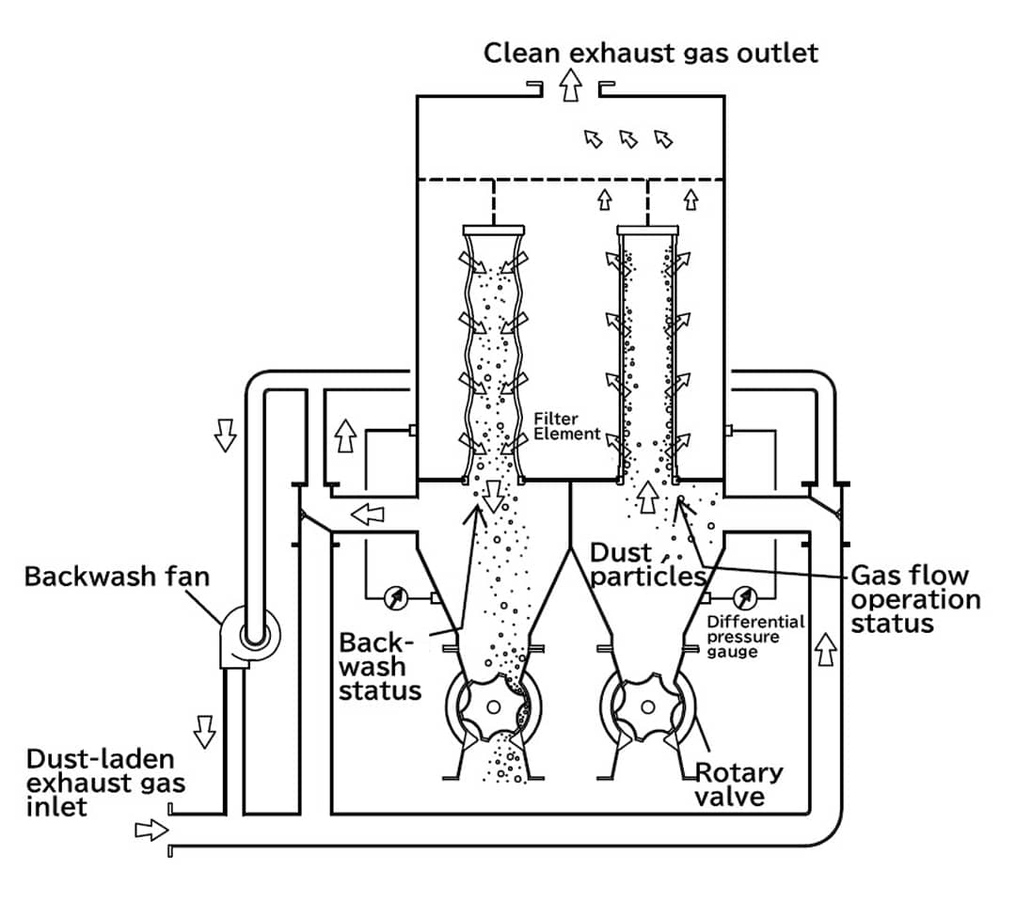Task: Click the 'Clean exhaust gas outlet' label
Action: pyautogui.click(x=651, y=52)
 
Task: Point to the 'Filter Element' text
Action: pyautogui.click(x=566, y=426)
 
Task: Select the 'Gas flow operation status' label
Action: pyautogui.click(x=914, y=599)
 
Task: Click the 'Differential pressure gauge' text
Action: pyautogui.click(x=755, y=636)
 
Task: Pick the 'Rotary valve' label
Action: pyautogui.click(x=738, y=784)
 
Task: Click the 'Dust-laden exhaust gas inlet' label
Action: pyautogui.click(x=105, y=783)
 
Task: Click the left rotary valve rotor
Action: pyautogui.click(x=491, y=707)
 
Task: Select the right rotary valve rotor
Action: pyautogui.click(x=647, y=707)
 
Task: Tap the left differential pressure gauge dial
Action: pyautogui.click(x=394, y=596)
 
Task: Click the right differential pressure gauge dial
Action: pyautogui.click(x=746, y=596)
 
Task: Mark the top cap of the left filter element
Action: pyautogui.click(x=494, y=229)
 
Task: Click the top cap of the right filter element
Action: pyautogui.click(x=647, y=229)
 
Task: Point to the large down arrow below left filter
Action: pyautogui.click(x=492, y=493)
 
